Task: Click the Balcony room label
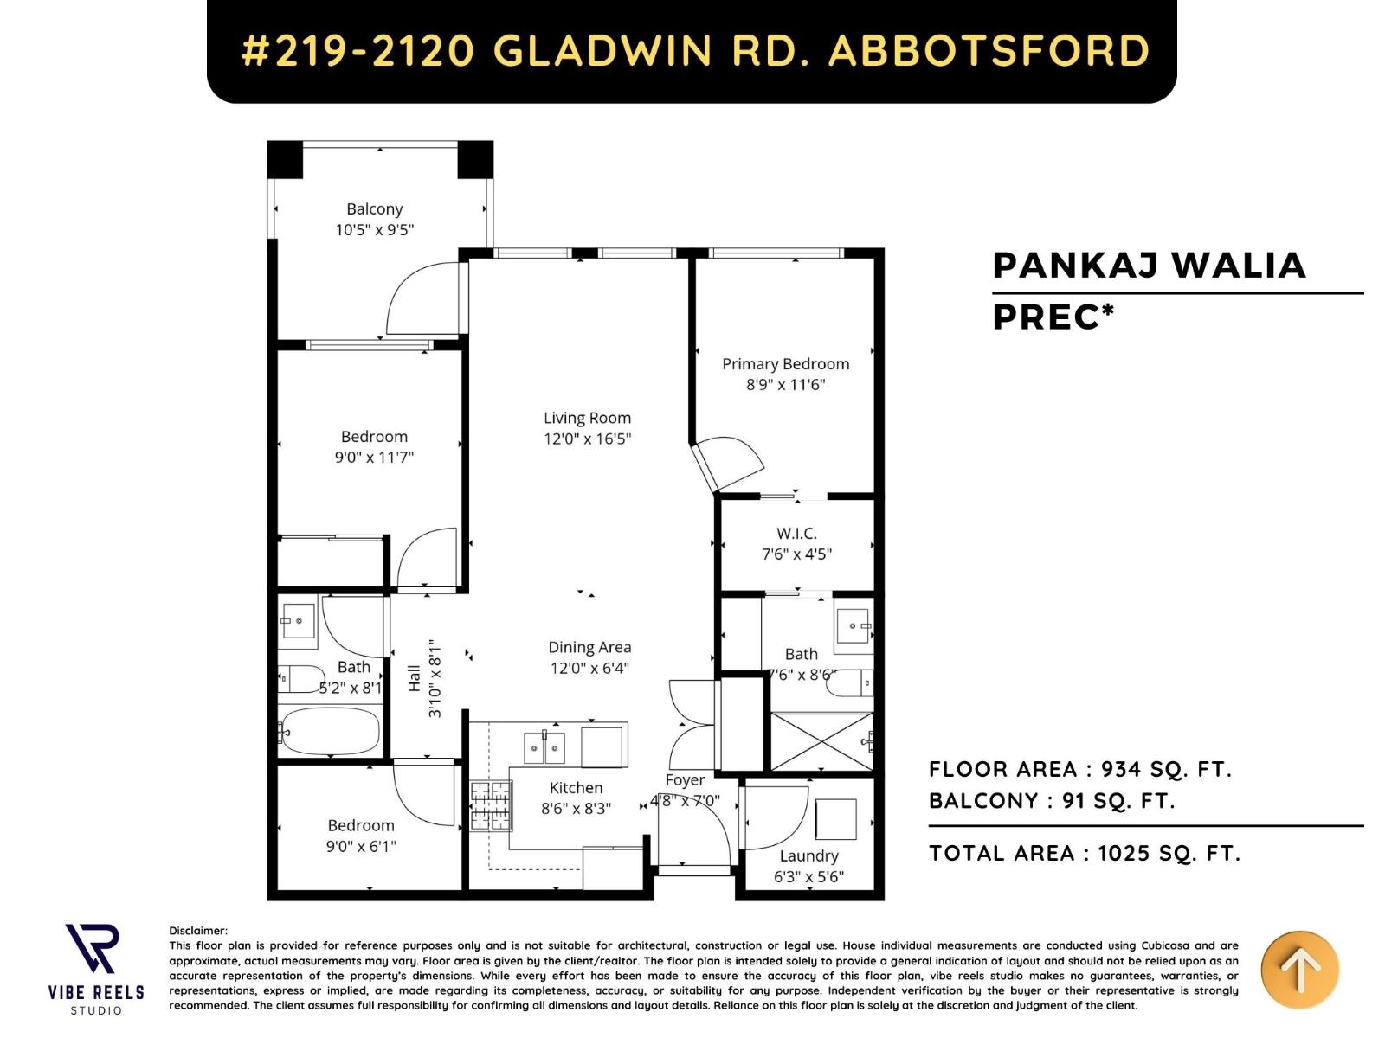click(x=374, y=208)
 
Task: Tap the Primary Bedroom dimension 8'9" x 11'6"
click(x=786, y=385)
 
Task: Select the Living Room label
click(x=587, y=418)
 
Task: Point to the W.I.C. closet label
click(x=796, y=533)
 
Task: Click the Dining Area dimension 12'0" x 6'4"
click(x=589, y=668)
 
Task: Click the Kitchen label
click(x=576, y=787)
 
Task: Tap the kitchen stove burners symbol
click(x=491, y=805)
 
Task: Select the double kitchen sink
click(x=544, y=747)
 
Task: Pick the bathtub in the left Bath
click(x=331, y=731)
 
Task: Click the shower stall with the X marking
click(x=821, y=741)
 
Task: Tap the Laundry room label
click(x=808, y=855)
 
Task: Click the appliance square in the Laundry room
click(x=835, y=818)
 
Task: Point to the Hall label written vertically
click(x=415, y=679)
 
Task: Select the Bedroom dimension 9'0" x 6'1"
click(x=361, y=846)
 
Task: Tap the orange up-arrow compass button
click(x=1299, y=970)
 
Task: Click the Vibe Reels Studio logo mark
click(x=93, y=948)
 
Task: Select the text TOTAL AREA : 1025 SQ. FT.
click(x=1085, y=854)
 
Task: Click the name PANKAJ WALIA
click(x=1149, y=266)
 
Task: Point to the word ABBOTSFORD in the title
click(x=989, y=50)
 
